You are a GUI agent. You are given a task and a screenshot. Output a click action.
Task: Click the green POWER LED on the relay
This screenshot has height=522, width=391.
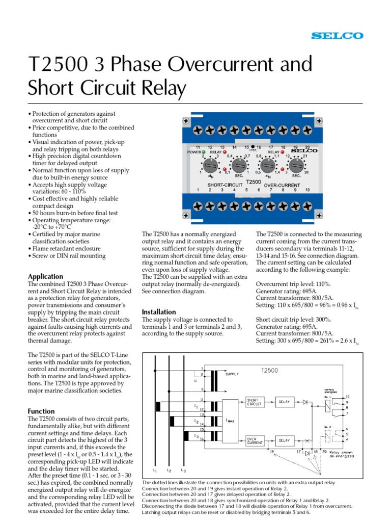click(x=203, y=152)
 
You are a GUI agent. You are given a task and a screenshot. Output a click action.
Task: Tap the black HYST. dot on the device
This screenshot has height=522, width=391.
click(x=253, y=147)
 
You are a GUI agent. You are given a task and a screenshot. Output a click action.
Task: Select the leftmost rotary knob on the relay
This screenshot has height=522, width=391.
click(x=209, y=166)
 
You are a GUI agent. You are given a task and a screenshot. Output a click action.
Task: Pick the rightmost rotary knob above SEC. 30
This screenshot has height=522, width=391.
click(x=295, y=166)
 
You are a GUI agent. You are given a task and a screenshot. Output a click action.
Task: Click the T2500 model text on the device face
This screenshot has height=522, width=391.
click(x=253, y=181)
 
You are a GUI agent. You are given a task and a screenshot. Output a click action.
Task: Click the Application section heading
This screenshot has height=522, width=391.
click(x=46, y=276)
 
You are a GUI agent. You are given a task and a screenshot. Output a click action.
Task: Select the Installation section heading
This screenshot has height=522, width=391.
click(x=158, y=311)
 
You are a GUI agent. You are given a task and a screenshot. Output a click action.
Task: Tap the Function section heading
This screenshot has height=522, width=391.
click(x=42, y=411)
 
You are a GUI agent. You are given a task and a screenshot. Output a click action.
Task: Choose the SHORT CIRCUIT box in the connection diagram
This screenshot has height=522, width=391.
click(x=255, y=402)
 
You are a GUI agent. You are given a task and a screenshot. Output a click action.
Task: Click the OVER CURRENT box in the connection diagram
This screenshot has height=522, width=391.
click(x=255, y=440)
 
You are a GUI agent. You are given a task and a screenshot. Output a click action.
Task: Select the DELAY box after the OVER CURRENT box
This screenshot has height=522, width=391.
click(x=284, y=440)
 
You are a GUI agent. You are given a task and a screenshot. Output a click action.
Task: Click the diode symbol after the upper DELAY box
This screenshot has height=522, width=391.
click(x=306, y=402)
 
